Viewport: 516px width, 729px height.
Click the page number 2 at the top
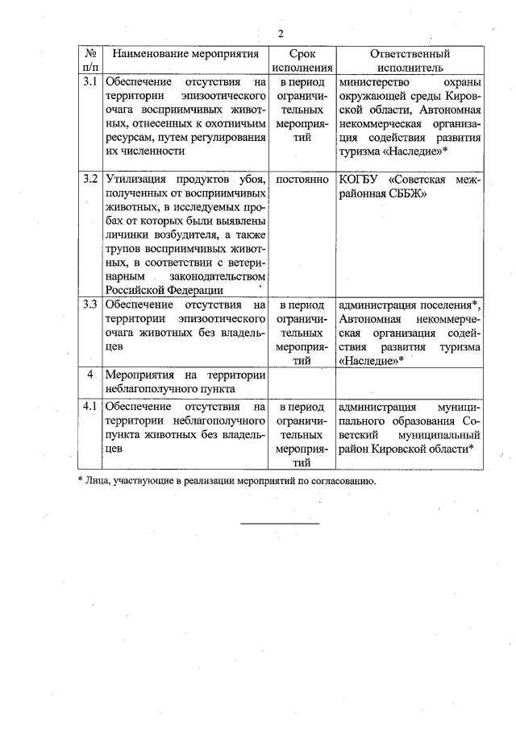[x=281, y=33]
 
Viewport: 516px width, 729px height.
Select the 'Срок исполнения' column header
[x=301, y=61]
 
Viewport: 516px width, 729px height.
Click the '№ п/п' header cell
[x=91, y=61]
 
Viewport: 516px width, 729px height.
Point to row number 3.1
[x=91, y=82]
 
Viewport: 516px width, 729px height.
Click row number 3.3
[x=91, y=305]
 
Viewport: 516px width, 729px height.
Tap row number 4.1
[x=91, y=407]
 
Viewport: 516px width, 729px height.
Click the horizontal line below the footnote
[x=281, y=524]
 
